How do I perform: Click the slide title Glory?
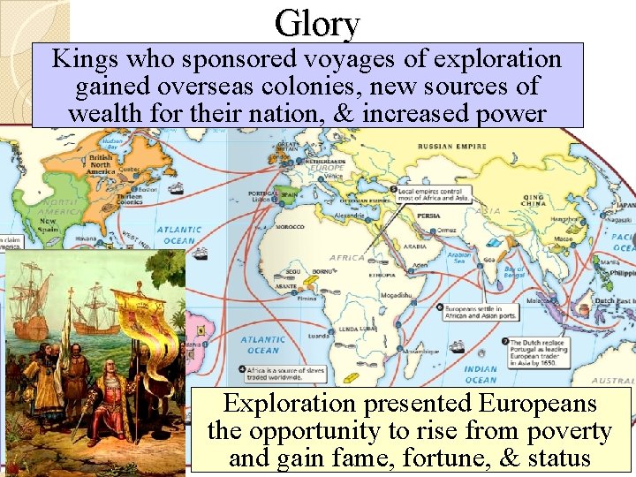pyautogui.click(x=317, y=23)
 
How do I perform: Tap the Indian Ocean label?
pyautogui.click(x=481, y=375)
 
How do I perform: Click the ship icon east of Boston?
pyautogui.click(x=177, y=188)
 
